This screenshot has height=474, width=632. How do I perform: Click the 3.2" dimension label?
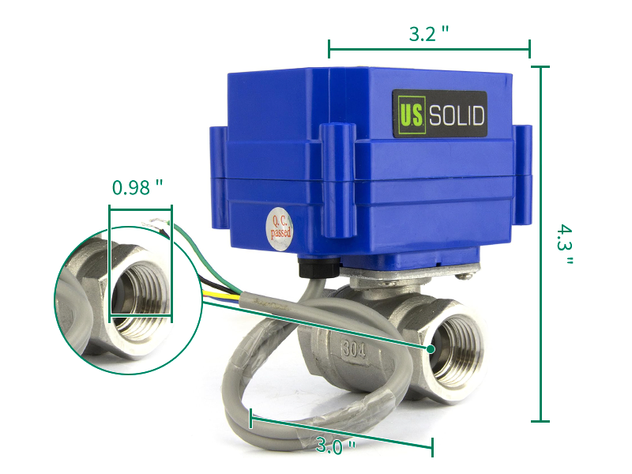pos(429,33)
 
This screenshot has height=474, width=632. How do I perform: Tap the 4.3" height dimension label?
pos(562,245)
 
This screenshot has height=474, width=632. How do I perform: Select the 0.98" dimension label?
pos(137,188)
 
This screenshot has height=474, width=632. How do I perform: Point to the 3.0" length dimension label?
pos(335,446)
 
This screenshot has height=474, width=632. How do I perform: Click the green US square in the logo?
pos(410,115)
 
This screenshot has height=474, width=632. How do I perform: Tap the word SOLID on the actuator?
pos(456,115)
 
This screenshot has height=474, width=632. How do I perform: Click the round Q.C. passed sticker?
pos(281,228)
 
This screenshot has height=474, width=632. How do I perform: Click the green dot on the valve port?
pos(431,348)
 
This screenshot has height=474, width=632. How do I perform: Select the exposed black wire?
pos(217,283)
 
